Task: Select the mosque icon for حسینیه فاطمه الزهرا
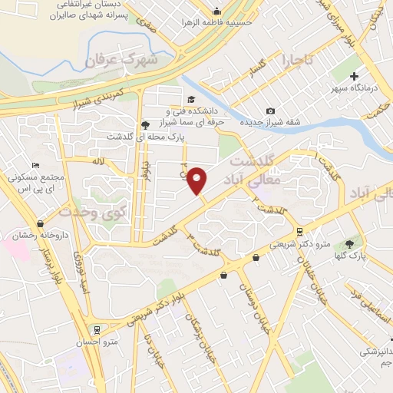(x=216, y=11)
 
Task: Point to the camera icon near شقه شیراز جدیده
(x=269, y=111)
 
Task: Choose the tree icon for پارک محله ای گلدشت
(x=145, y=125)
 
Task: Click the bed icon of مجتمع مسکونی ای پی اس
(x=35, y=165)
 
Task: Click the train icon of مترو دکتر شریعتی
(x=299, y=232)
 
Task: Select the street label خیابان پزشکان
(x=205, y=338)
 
